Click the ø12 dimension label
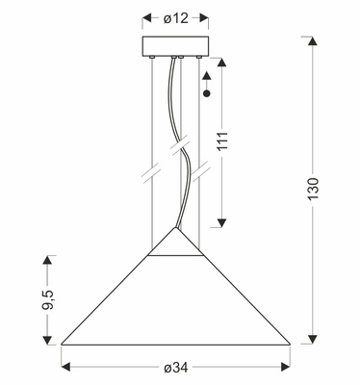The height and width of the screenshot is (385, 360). point(175,17)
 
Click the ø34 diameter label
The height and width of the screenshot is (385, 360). point(175,368)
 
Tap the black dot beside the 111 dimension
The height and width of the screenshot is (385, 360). point(208,94)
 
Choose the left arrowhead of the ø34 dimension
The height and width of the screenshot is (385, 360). point(66,366)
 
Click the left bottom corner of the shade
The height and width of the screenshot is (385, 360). point(63,344)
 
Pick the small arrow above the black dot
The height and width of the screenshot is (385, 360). point(208,81)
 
